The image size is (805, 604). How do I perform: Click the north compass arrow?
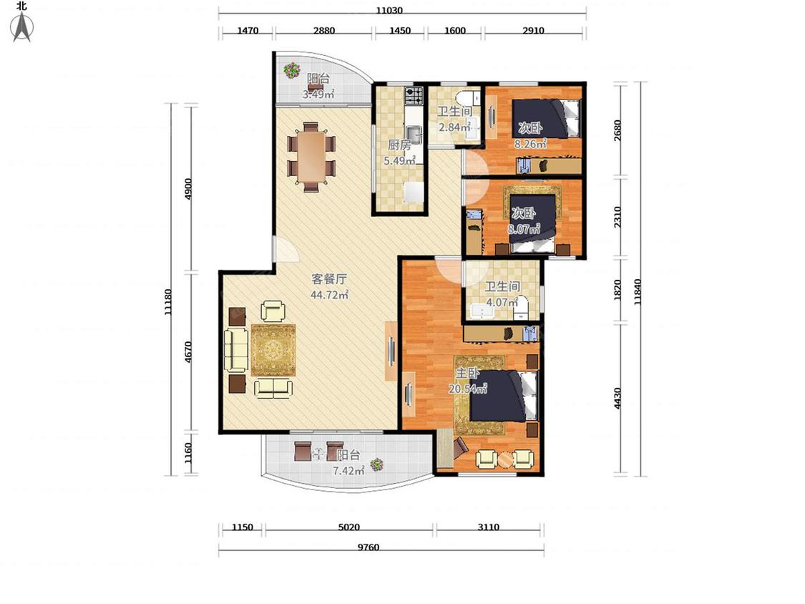[x=22, y=26]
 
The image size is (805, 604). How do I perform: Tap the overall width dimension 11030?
[x=389, y=10]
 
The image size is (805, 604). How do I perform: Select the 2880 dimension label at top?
[x=324, y=30]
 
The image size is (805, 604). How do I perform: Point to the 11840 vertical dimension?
[x=637, y=292]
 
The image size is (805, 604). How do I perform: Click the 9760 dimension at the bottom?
[x=368, y=547]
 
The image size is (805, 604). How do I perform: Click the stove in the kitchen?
[x=414, y=95]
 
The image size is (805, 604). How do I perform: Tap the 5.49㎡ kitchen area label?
[x=399, y=161]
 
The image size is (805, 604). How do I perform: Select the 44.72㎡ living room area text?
[x=330, y=295]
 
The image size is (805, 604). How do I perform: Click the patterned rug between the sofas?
[x=273, y=350]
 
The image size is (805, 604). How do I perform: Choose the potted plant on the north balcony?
[x=292, y=70]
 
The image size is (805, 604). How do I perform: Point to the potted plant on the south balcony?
[x=377, y=465]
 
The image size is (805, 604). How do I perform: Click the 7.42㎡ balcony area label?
[x=348, y=470]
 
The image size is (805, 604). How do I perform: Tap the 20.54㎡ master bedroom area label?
[x=468, y=389]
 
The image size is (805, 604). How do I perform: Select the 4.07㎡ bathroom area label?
[x=502, y=303]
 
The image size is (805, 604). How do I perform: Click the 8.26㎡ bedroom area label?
[x=530, y=144]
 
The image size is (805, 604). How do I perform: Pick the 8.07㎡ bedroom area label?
[x=524, y=229]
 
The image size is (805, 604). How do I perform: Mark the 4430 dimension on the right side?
[x=618, y=398]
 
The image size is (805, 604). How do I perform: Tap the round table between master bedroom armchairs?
[x=506, y=459]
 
